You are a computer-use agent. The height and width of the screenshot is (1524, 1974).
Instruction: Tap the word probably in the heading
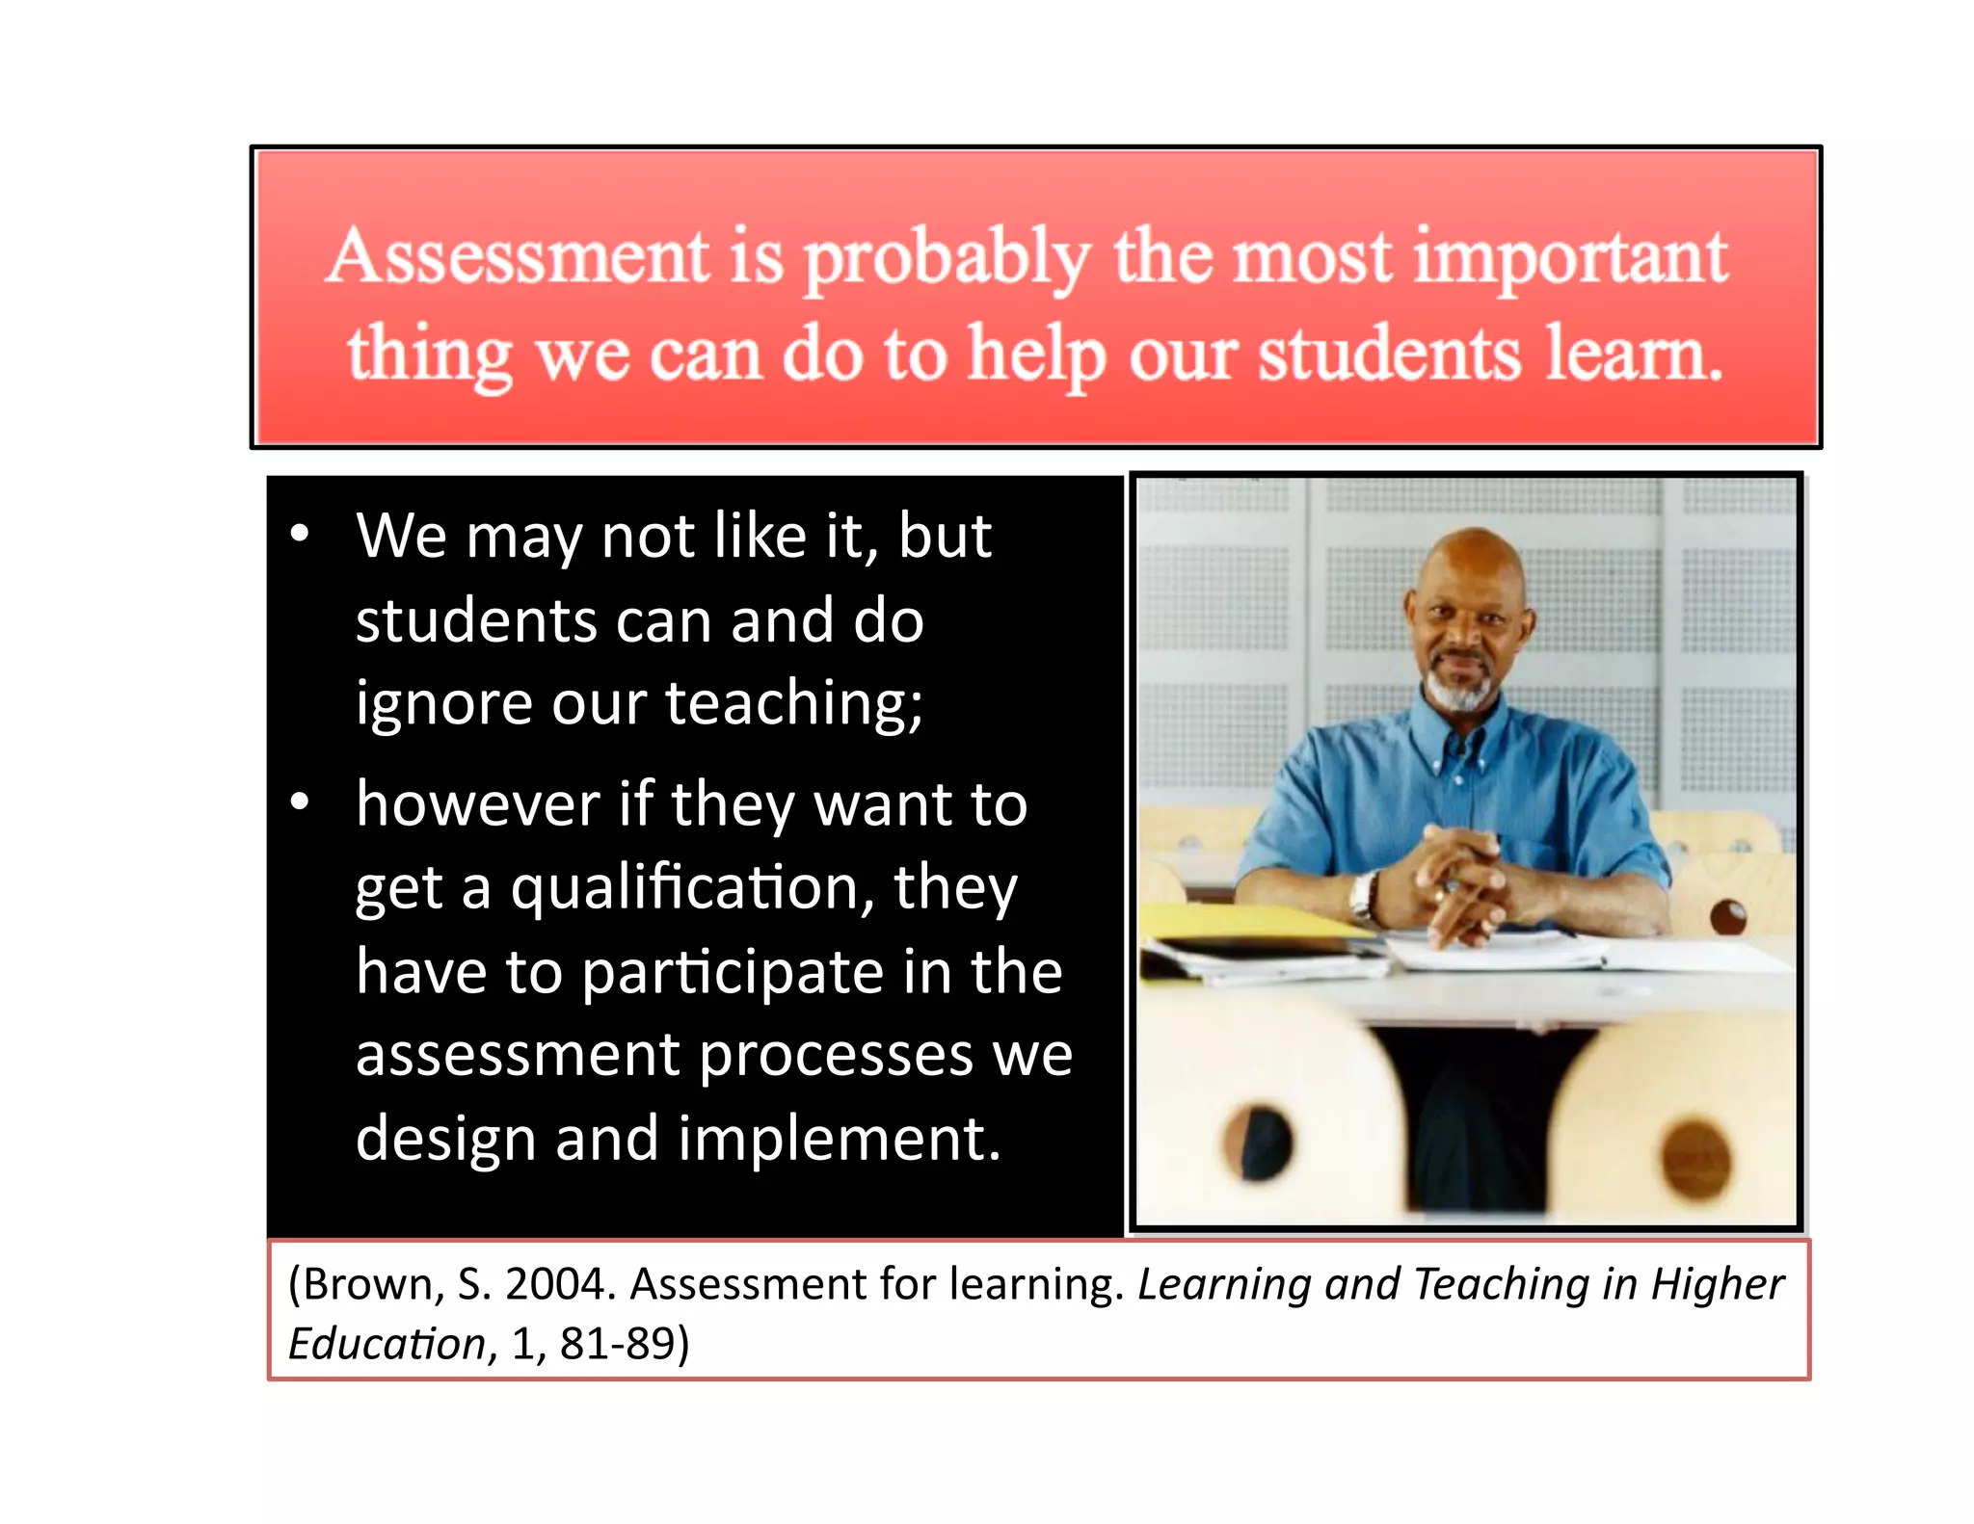[x=947, y=260]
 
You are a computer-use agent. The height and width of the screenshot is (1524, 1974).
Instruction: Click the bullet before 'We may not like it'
[x=300, y=534]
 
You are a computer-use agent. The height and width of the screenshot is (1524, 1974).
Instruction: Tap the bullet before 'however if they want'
[x=300, y=801]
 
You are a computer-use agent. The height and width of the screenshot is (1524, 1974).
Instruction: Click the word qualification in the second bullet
[x=692, y=888]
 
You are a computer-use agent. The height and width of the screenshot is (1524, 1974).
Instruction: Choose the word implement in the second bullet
[x=839, y=1139]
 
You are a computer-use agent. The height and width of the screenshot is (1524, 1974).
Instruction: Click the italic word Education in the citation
[x=386, y=1343]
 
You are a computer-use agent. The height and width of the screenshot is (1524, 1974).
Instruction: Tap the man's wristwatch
[x=1362, y=896]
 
